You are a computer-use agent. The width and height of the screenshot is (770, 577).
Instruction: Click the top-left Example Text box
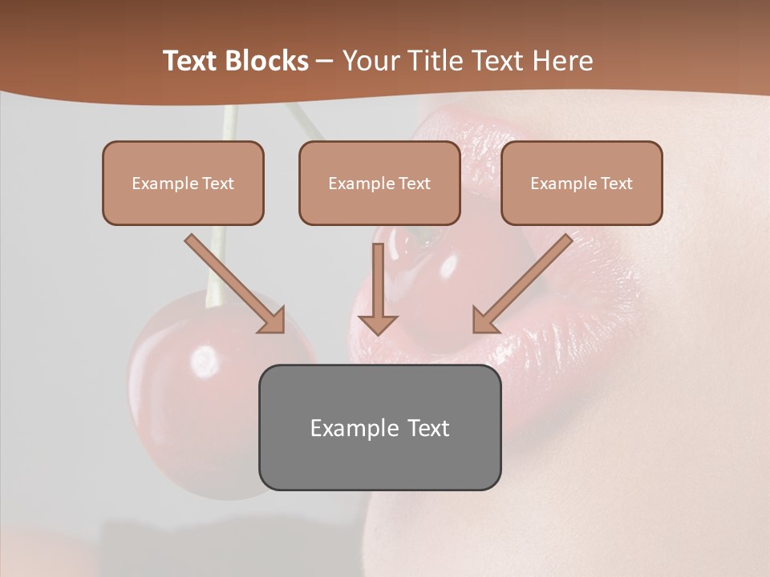[183, 183]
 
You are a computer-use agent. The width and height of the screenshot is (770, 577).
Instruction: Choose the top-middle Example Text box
[379, 183]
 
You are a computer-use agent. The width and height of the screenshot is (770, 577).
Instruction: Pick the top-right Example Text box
[582, 183]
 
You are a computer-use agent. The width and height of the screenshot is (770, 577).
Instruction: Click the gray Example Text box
[379, 427]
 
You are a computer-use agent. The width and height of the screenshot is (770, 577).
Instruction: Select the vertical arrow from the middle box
[378, 284]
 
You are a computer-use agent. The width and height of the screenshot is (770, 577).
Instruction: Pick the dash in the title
[325, 61]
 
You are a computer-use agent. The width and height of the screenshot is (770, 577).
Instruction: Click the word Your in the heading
[371, 61]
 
